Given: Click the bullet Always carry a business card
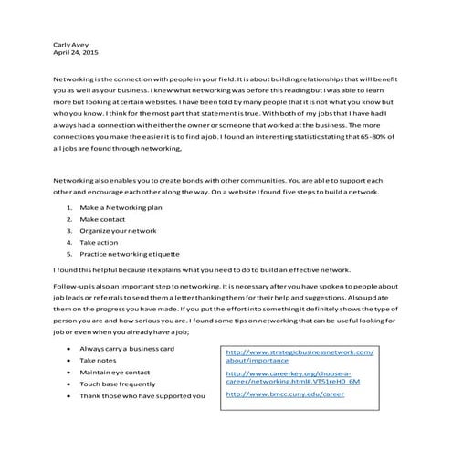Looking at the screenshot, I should pos(126,349).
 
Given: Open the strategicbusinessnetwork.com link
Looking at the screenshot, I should pos(300,352).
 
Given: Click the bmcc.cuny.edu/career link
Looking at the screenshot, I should pos(284,394).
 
